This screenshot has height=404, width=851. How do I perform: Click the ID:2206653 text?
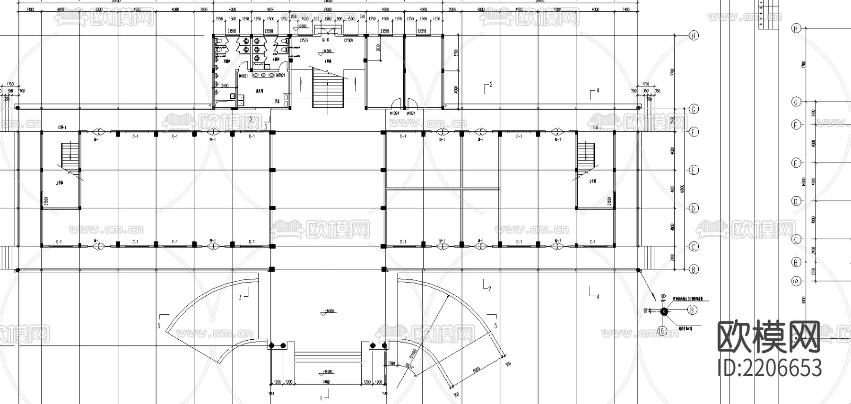[769, 367]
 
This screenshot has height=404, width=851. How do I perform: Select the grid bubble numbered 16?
[662, 331]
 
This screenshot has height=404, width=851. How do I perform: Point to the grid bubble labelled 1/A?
[796, 281]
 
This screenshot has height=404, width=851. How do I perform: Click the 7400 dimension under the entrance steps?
[325, 382]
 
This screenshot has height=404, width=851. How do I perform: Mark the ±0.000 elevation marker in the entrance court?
[327, 311]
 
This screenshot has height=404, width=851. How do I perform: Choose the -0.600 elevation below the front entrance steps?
[326, 371]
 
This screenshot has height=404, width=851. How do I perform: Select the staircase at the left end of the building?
[69, 155]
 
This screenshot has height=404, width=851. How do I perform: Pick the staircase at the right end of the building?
[585, 155]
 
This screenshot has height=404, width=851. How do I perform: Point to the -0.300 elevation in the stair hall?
[326, 51]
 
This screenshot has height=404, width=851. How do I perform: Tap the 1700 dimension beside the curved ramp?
[391, 363]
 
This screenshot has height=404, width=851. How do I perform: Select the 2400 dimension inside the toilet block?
[225, 86]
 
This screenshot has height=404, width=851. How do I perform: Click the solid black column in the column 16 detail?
[663, 311]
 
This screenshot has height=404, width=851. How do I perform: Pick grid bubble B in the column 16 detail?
[692, 310]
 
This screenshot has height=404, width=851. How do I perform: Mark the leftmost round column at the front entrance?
[271, 346]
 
